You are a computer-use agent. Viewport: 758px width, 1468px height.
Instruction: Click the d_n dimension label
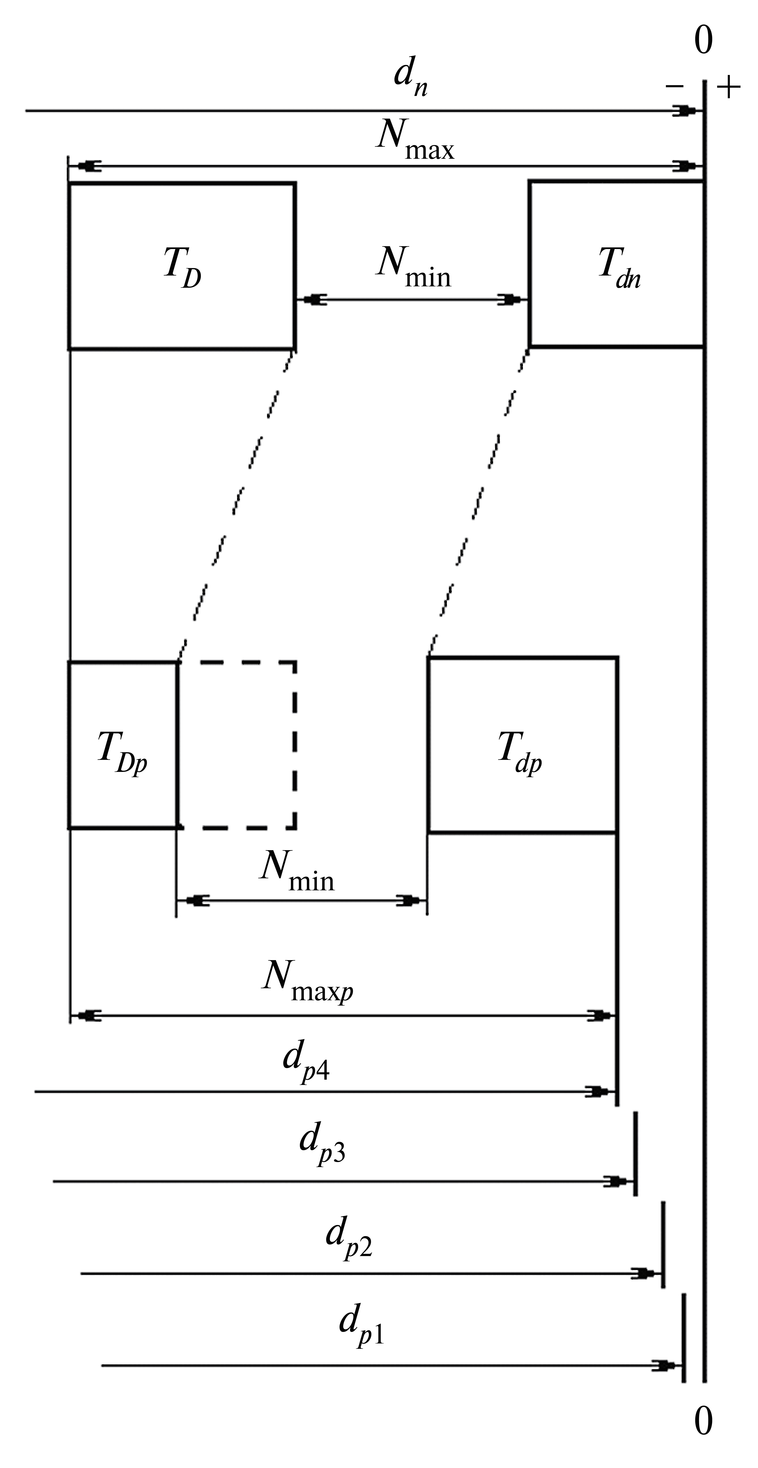coord(410,80)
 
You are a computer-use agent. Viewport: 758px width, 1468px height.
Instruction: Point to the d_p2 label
coord(349,1242)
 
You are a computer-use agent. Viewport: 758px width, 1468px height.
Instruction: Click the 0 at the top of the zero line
coord(704,41)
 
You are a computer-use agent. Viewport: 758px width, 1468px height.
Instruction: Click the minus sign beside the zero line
coord(674,87)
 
